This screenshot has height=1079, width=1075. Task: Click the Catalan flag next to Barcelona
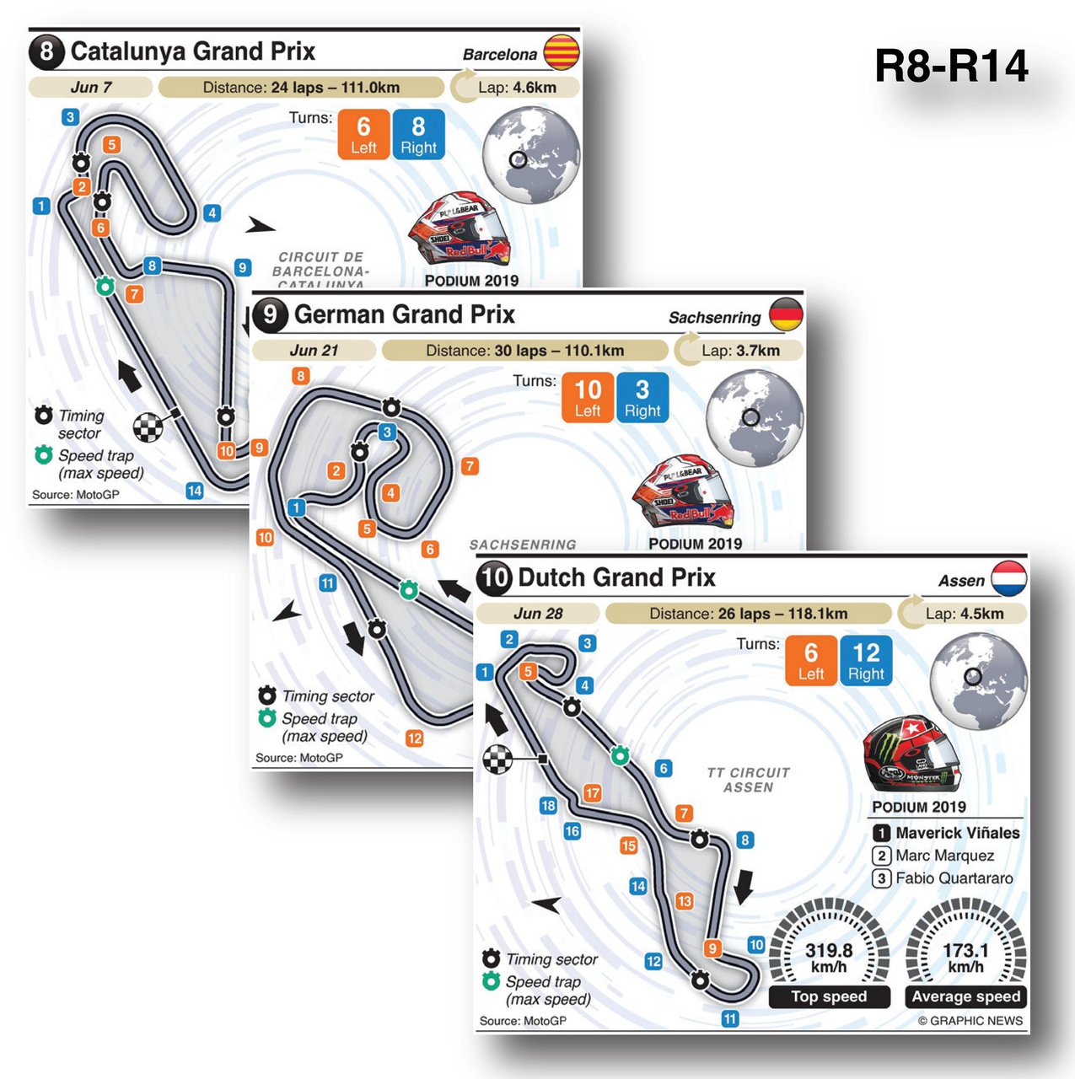point(562,52)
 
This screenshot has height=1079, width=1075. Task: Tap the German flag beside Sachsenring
point(786,314)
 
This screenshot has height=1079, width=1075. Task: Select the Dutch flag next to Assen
point(1008,578)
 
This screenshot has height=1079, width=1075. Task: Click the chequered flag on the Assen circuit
point(497,759)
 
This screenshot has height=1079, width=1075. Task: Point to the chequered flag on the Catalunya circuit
point(148,427)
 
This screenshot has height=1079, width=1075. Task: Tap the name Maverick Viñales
point(957,833)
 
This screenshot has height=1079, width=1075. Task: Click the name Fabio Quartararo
point(954,878)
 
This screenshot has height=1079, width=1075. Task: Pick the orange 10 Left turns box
point(588,397)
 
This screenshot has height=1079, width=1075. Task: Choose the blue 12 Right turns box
point(866,660)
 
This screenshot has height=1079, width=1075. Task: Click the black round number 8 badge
point(46,51)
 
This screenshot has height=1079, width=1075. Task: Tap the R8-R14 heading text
point(951,66)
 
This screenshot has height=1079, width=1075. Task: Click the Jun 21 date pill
point(314,351)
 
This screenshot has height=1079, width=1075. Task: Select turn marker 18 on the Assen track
point(548,806)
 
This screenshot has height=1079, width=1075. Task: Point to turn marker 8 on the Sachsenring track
point(301,376)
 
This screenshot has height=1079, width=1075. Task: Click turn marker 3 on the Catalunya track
point(71,117)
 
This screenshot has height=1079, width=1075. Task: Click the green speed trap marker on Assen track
point(620,755)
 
